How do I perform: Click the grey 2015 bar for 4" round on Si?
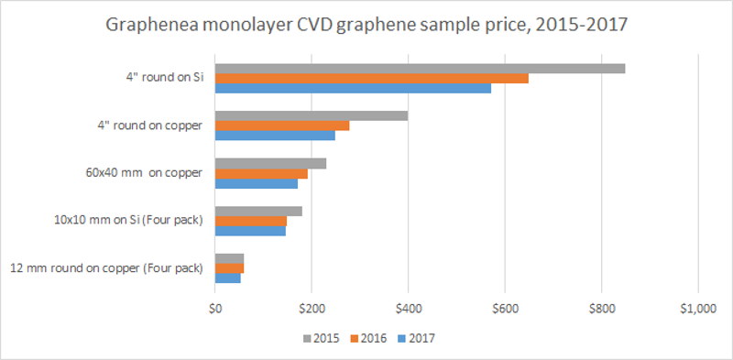420,68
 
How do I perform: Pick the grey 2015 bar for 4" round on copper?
311,115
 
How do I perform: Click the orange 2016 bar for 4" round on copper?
281,125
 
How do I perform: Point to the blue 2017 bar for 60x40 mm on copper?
256,183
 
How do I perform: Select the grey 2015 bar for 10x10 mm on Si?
257,211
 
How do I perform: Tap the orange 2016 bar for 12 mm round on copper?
229,267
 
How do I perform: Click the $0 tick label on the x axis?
214,309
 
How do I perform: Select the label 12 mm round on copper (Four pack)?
105,268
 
